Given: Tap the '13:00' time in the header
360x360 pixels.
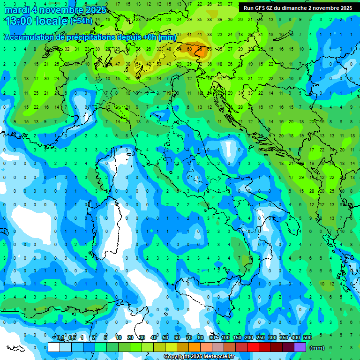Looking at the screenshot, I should click(x=19, y=21).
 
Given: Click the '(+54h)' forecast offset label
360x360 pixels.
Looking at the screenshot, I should click(x=81, y=21).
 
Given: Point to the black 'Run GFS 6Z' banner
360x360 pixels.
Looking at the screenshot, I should click(x=298, y=8).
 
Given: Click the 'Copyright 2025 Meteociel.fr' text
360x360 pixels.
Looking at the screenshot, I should click(x=199, y=357).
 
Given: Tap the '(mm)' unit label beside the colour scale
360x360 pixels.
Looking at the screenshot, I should click(x=317, y=348).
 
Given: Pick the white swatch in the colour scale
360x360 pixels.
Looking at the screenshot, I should click(x=54, y=347).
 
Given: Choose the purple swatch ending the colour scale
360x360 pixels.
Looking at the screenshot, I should click(x=300, y=347).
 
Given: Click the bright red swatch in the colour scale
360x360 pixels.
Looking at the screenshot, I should click(x=253, y=347).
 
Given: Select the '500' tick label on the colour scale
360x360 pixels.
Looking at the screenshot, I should click(x=307, y=337).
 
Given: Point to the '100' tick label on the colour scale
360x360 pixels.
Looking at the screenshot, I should click(x=225, y=337).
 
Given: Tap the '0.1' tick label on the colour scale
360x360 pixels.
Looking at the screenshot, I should click(x=60, y=337).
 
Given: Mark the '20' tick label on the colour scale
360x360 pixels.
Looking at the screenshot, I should click(x=130, y=337).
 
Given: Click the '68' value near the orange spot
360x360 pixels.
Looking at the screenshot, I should click(x=189, y=49).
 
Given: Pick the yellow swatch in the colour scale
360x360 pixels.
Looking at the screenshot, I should click(x=171, y=347).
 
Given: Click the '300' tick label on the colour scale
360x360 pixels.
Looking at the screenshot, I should click(x=272, y=337).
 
